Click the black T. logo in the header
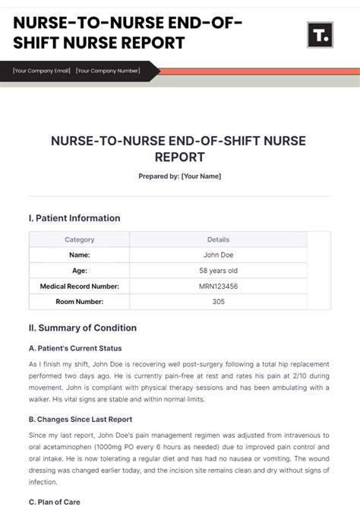[x=320, y=35]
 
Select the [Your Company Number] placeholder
[x=108, y=71]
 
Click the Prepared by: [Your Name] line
[x=180, y=176]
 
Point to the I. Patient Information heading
[x=74, y=218]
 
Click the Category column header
[x=80, y=239]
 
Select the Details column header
[x=218, y=239]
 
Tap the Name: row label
[x=80, y=255]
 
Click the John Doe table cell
[x=218, y=255]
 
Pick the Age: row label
[x=80, y=271]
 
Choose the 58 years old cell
[x=218, y=271]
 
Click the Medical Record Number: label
[x=80, y=287]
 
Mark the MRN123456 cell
[x=218, y=287]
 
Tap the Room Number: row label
[x=80, y=302]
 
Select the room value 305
[x=218, y=302]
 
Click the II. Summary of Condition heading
[x=83, y=328]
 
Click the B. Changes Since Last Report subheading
[x=81, y=419]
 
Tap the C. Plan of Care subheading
[x=55, y=502]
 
